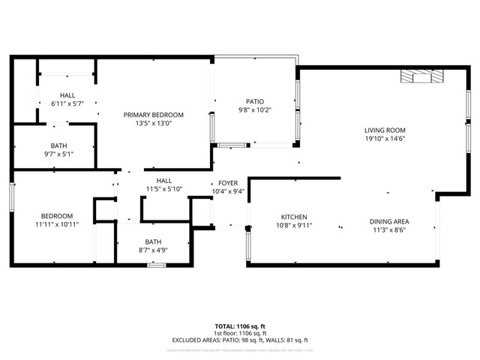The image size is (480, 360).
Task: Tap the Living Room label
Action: pyautogui.click(x=385, y=130)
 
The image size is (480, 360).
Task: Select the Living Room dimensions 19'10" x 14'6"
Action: pyautogui.click(x=385, y=139)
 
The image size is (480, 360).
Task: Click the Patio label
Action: pyautogui.click(x=255, y=101)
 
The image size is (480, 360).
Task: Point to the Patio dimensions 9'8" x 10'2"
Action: pyautogui.click(x=255, y=110)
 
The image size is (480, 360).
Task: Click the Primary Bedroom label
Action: pyautogui.click(x=154, y=115)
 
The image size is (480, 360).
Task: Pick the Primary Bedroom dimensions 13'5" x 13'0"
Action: pyautogui.click(x=154, y=124)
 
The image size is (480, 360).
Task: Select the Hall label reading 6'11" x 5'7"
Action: pyautogui.click(x=67, y=95)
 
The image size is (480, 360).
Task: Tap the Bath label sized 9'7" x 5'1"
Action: pyautogui.click(x=59, y=145)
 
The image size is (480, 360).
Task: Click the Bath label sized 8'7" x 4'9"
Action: pyautogui.click(x=153, y=241)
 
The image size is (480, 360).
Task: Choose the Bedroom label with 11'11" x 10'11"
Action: pyautogui.click(x=57, y=215)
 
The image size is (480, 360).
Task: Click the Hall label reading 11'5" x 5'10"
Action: pyautogui.click(x=164, y=181)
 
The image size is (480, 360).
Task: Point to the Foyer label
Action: pyautogui.click(x=228, y=183)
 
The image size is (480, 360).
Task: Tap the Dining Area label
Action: pyautogui.click(x=388, y=221)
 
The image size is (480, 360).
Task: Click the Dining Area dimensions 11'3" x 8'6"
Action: pyautogui.click(x=388, y=230)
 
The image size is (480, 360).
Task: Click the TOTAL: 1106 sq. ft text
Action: pyautogui.click(x=240, y=326)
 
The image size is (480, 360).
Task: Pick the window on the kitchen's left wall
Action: pyautogui.click(x=248, y=244)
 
